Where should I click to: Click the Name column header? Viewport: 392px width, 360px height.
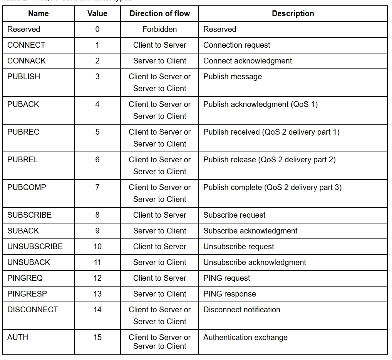click(39, 13)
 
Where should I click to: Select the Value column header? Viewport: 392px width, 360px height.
click(97, 13)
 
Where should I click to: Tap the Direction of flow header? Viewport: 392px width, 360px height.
click(159, 13)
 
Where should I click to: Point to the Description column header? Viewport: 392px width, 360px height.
click(293, 13)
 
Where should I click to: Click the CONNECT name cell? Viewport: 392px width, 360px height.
click(26, 45)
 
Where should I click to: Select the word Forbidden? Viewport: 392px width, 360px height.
click(159, 29)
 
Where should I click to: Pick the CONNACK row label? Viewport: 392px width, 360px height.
click(27, 61)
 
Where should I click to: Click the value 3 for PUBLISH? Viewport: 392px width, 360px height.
click(97, 77)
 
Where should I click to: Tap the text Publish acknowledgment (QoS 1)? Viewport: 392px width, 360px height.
click(260, 104)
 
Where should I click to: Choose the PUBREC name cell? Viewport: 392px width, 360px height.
click(23, 132)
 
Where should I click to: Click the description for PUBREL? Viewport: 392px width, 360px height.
click(269, 160)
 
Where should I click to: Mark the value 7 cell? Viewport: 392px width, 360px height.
click(97, 187)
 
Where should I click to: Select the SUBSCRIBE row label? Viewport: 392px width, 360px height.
click(29, 215)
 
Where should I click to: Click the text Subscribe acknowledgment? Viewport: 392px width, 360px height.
click(250, 231)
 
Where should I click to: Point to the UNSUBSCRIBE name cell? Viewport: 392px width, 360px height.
click(35, 247)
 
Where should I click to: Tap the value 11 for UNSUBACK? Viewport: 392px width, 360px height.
click(97, 262)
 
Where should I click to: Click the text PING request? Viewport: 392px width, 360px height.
click(226, 278)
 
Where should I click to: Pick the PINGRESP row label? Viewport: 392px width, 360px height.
click(27, 294)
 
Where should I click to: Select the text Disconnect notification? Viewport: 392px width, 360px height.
click(241, 310)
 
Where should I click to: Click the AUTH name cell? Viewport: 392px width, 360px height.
click(18, 337)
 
